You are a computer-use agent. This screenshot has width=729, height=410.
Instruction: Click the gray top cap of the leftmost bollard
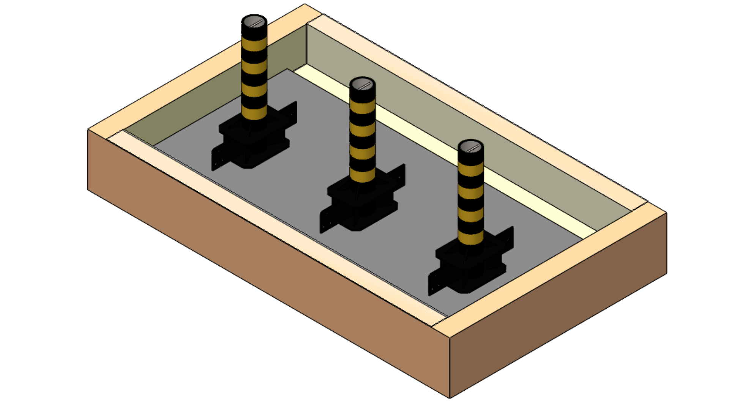point(254,22)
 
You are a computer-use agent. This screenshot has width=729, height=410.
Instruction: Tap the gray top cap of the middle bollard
point(362,85)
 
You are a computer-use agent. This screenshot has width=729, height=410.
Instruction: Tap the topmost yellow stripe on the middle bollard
point(362,107)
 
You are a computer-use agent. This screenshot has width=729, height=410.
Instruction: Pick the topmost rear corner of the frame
point(305,5)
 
